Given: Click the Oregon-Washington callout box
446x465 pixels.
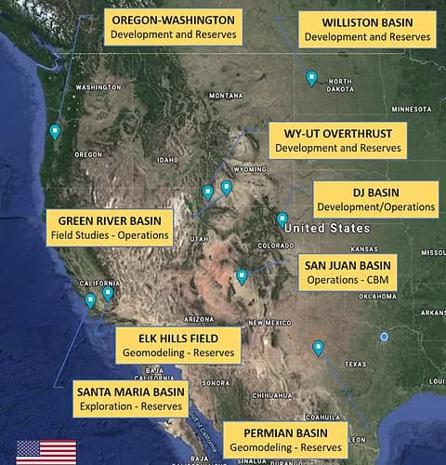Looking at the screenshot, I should (173, 28).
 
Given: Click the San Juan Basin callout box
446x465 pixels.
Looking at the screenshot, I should (348, 272).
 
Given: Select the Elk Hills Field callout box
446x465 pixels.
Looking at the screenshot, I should (177, 345).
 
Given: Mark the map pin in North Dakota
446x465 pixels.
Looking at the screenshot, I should (311, 78).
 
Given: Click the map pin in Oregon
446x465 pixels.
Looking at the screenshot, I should (55, 132).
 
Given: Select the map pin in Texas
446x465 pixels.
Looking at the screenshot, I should (319, 348).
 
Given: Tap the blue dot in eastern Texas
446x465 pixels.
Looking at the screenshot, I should (384, 336).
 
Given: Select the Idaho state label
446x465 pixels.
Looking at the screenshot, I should (167, 159).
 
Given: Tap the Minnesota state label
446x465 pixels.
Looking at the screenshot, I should (412, 109).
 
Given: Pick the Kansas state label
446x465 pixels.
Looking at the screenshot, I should (363, 248).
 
